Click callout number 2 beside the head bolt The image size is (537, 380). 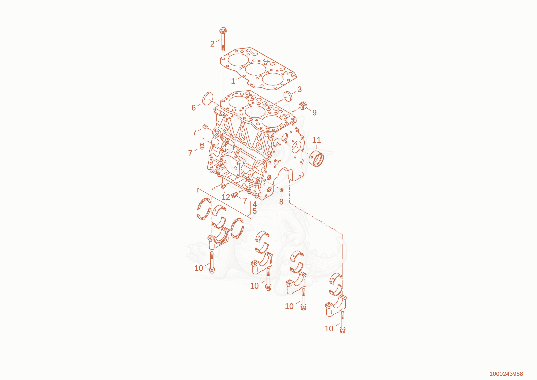pos(212,44)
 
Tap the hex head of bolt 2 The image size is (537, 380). pos(223,30)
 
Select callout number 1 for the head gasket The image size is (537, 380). pos(233,82)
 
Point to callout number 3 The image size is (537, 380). pos(299,89)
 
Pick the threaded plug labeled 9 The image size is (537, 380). pos(303,106)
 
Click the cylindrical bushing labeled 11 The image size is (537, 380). pos(316,159)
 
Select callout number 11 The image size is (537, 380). pos(316,140)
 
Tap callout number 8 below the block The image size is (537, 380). pos(281,202)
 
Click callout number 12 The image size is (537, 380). pos(226,197)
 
